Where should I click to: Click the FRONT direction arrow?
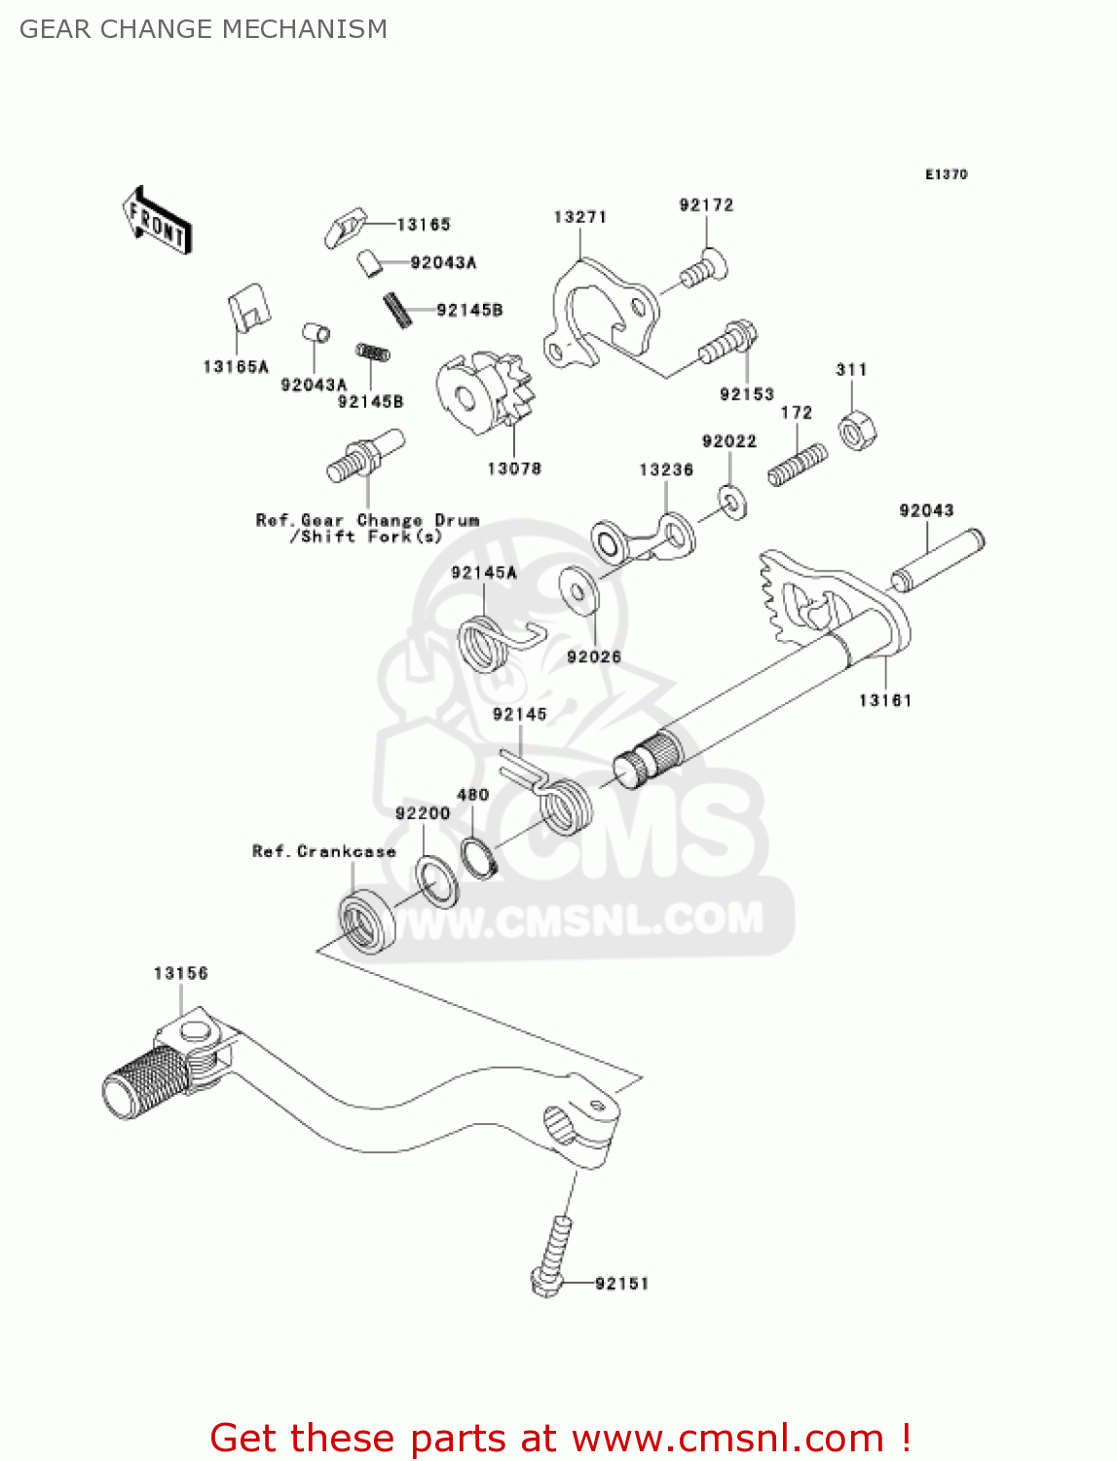[x=157, y=221]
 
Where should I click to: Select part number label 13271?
[x=579, y=217]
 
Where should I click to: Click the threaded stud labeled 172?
[x=798, y=465]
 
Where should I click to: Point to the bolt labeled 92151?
[x=552, y=1256]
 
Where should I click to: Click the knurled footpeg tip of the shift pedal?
[x=144, y=1079]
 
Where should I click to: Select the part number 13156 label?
[x=180, y=973]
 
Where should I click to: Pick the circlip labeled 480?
[x=479, y=857]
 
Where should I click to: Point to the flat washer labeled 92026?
[x=579, y=590]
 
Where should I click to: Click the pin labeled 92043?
[x=938, y=561]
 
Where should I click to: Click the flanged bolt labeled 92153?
[x=726, y=341]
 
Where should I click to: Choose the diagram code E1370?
[x=946, y=174]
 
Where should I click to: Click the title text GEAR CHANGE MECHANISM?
[x=204, y=29]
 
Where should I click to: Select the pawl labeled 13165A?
[x=247, y=308]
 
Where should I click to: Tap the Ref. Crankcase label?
[x=323, y=851]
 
